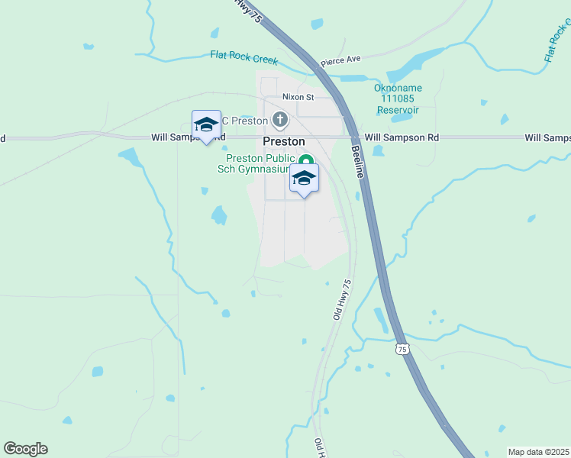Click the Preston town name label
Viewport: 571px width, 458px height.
point(284,141)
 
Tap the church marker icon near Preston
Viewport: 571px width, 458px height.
point(281,119)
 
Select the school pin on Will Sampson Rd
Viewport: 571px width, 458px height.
point(206,125)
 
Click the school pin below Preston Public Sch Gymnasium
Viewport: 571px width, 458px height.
point(304,179)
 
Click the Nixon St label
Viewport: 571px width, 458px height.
point(298,97)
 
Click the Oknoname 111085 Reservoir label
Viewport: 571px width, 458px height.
point(398,98)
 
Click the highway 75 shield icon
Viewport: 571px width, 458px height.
point(402,349)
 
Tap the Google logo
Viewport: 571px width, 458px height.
point(25,448)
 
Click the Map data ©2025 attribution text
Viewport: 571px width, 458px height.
point(537,452)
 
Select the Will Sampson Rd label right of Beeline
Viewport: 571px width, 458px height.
point(402,137)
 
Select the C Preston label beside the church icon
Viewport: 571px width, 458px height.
point(244,121)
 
